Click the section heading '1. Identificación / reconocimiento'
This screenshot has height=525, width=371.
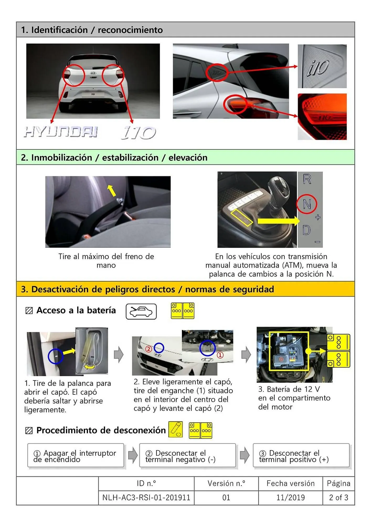click(92, 30)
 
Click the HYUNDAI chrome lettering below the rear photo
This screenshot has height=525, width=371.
click(61, 132)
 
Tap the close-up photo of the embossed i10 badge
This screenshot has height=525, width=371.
click(322, 66)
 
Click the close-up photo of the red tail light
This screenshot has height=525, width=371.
click(322, 117)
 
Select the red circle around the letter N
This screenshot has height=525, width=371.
click(306, 204)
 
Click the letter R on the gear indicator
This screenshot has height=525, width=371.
click(307, 179)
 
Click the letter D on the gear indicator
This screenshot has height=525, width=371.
click(306, 230)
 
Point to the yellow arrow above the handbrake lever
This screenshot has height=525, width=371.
click(112, 190)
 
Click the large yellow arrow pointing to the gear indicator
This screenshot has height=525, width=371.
click(278, 221)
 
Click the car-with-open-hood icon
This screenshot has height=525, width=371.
click(141, 312)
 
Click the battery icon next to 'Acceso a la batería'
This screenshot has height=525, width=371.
click(182, 311)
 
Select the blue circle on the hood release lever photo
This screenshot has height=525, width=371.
click(55, 356)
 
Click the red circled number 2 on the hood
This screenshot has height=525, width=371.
click(149, 349)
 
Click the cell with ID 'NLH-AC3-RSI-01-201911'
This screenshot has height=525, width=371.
click(146, 498)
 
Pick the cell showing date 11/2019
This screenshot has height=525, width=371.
click(290, 498)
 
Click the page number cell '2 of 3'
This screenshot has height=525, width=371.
click(338, 498)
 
